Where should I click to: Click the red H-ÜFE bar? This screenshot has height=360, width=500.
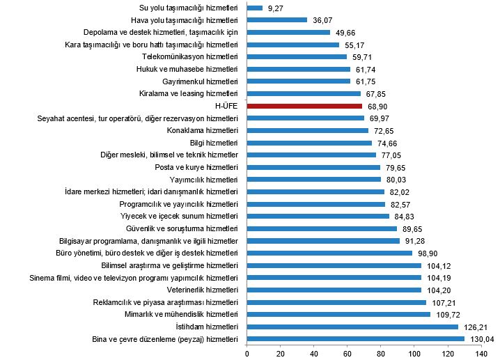click(304, 106)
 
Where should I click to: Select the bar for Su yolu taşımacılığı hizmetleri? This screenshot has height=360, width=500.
click(255, 8)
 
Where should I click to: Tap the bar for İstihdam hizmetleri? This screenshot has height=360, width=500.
click(352, 327)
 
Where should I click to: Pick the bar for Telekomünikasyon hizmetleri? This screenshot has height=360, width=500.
click(297, 56)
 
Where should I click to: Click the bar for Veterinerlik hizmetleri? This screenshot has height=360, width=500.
click(334, 290)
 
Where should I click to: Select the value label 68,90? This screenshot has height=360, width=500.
click(376, 106)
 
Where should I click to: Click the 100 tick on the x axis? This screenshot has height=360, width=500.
click(414, 354)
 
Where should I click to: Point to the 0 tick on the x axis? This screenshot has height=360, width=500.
click(247, 354)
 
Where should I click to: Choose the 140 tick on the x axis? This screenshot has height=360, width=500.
click(481, 354)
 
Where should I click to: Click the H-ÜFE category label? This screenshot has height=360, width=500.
click(227, 106)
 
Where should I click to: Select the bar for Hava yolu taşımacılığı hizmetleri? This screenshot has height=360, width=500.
click(277, 20)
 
